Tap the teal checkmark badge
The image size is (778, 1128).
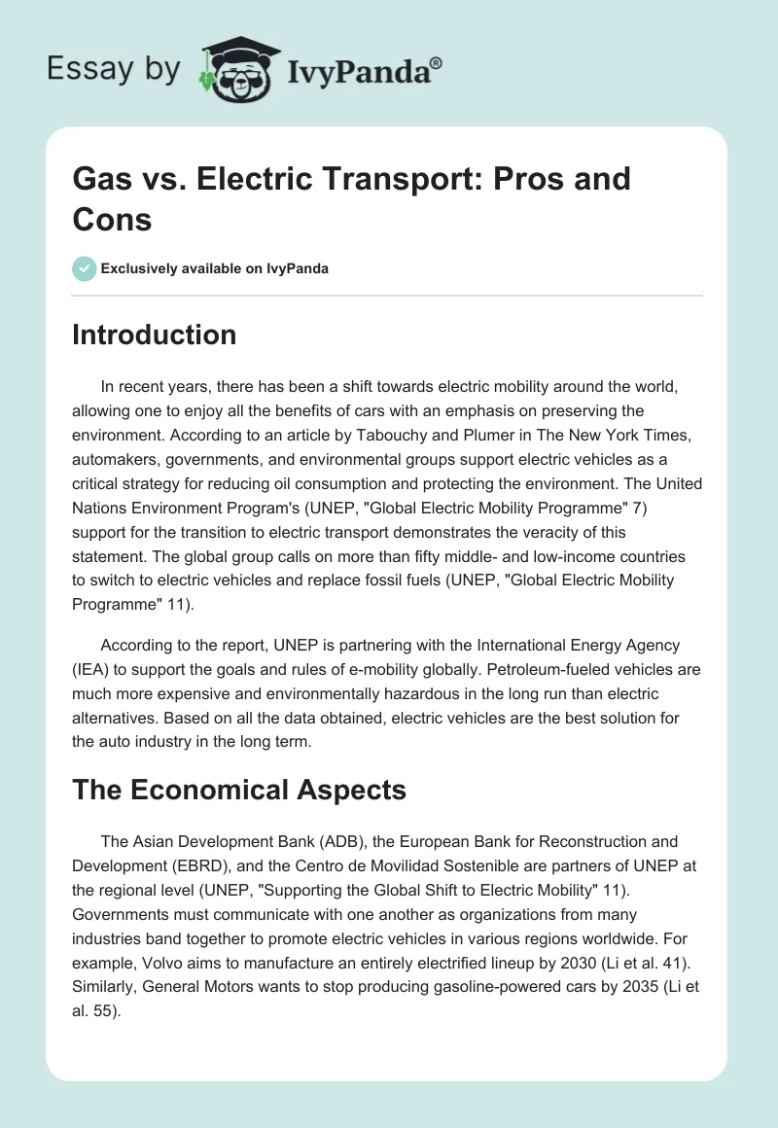point(84,268)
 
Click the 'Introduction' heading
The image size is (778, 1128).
point(155,335)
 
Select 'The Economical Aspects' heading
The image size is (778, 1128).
point(239,791)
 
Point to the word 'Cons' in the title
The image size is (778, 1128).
point(112,219)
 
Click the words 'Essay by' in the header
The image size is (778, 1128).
point(115,69)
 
